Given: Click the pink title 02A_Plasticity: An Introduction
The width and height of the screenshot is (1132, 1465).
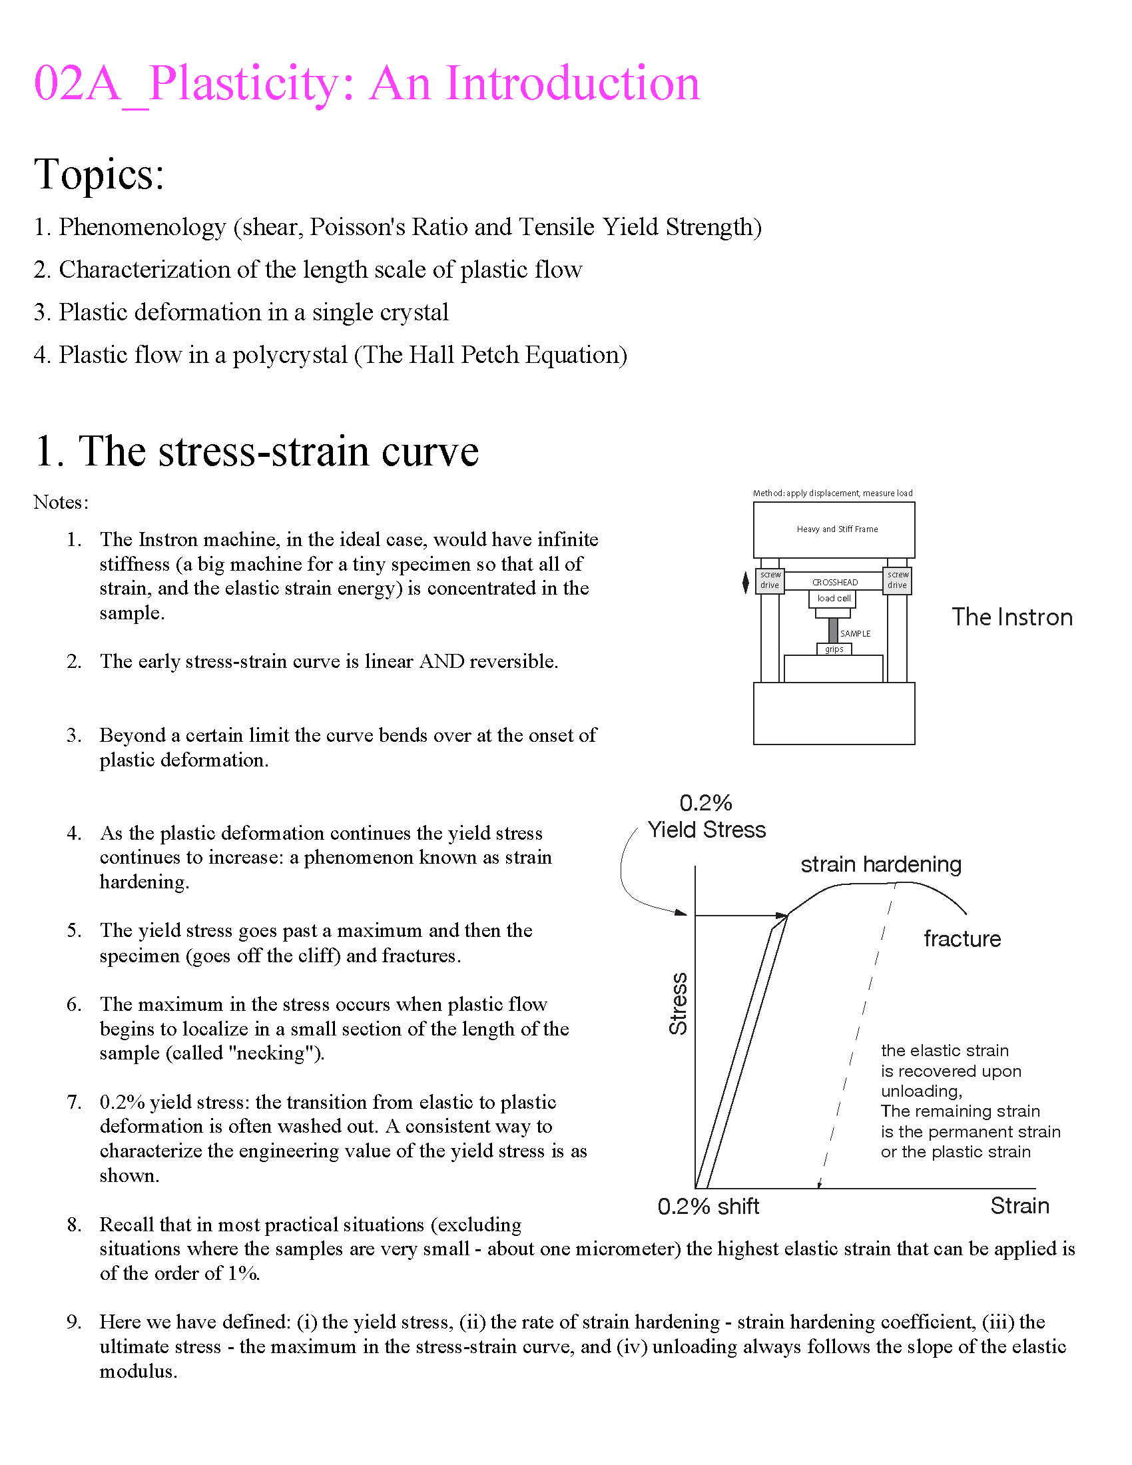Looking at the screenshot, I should pyautogui.click(x=366, y=84).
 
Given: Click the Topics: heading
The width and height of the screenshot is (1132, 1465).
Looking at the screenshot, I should pyautogui.click(x=99, y=174).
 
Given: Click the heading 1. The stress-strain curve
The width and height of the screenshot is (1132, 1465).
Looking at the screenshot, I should pyautogui.click(x=257, y=451).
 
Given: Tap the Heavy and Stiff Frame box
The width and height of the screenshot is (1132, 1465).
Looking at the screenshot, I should pyautogui.click(x=836, y=529).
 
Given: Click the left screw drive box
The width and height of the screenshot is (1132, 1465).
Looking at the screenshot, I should pyautogui.click(x=770, y=580).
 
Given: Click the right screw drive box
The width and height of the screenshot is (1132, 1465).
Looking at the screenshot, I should pyautogui.click(x=898, y=580).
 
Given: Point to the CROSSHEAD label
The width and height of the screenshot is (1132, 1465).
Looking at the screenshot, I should pyautogui.click(x=835, y=582).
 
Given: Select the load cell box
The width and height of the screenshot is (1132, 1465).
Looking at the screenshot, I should pyautogui.click(x=834, y=599).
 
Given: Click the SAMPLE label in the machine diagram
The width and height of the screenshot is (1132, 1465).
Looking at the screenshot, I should pyautogui.click(x=855, y=633).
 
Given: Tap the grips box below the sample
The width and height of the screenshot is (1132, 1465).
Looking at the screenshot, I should pyautogui.click(x=834, y=649).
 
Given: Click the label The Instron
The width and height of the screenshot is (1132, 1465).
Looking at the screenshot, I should pyautogui.click(x=1012, y=617).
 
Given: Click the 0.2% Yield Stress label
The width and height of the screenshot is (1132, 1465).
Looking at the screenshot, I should pyautogui.click(x=706, y=817).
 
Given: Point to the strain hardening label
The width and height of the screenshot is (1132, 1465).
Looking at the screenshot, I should pyautogui.click(x=880, y=864).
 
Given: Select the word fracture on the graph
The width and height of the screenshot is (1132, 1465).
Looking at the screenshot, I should pyautogui.click(x=962, y=939).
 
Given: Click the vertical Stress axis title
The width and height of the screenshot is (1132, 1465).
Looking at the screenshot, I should pyautogui.click(x=678, y=1004).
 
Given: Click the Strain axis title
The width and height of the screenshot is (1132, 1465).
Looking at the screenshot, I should pyautogui.click(x=1019, y=1206).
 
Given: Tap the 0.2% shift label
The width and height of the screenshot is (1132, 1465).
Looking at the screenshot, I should pyautogui.click(x=708, y=1207).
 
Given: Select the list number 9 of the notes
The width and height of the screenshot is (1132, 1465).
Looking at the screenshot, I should pyautogui.click(x=73, y=1322).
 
